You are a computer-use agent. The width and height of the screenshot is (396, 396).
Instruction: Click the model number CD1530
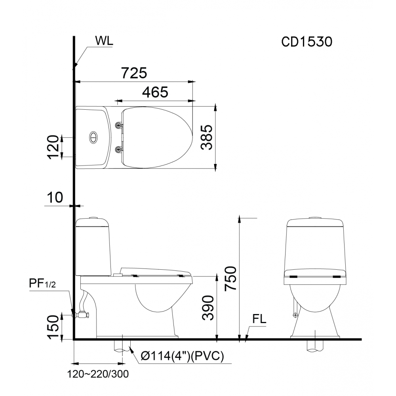coord(307,42)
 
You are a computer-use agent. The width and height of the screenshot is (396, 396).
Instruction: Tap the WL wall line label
coord(104,41)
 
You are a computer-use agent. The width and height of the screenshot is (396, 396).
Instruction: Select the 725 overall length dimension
coord(134,73)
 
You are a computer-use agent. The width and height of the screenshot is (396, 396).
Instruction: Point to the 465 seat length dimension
coord(155,92)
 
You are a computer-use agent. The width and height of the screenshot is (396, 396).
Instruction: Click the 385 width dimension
coord(207,137)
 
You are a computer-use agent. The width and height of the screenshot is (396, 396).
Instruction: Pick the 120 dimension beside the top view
coord(53,147)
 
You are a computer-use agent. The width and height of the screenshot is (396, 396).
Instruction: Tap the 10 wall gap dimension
coord(55,198)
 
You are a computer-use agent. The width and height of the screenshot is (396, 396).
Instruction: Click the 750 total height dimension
coord(231,278)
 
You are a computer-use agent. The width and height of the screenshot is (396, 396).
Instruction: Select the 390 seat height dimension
coord(208,308)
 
